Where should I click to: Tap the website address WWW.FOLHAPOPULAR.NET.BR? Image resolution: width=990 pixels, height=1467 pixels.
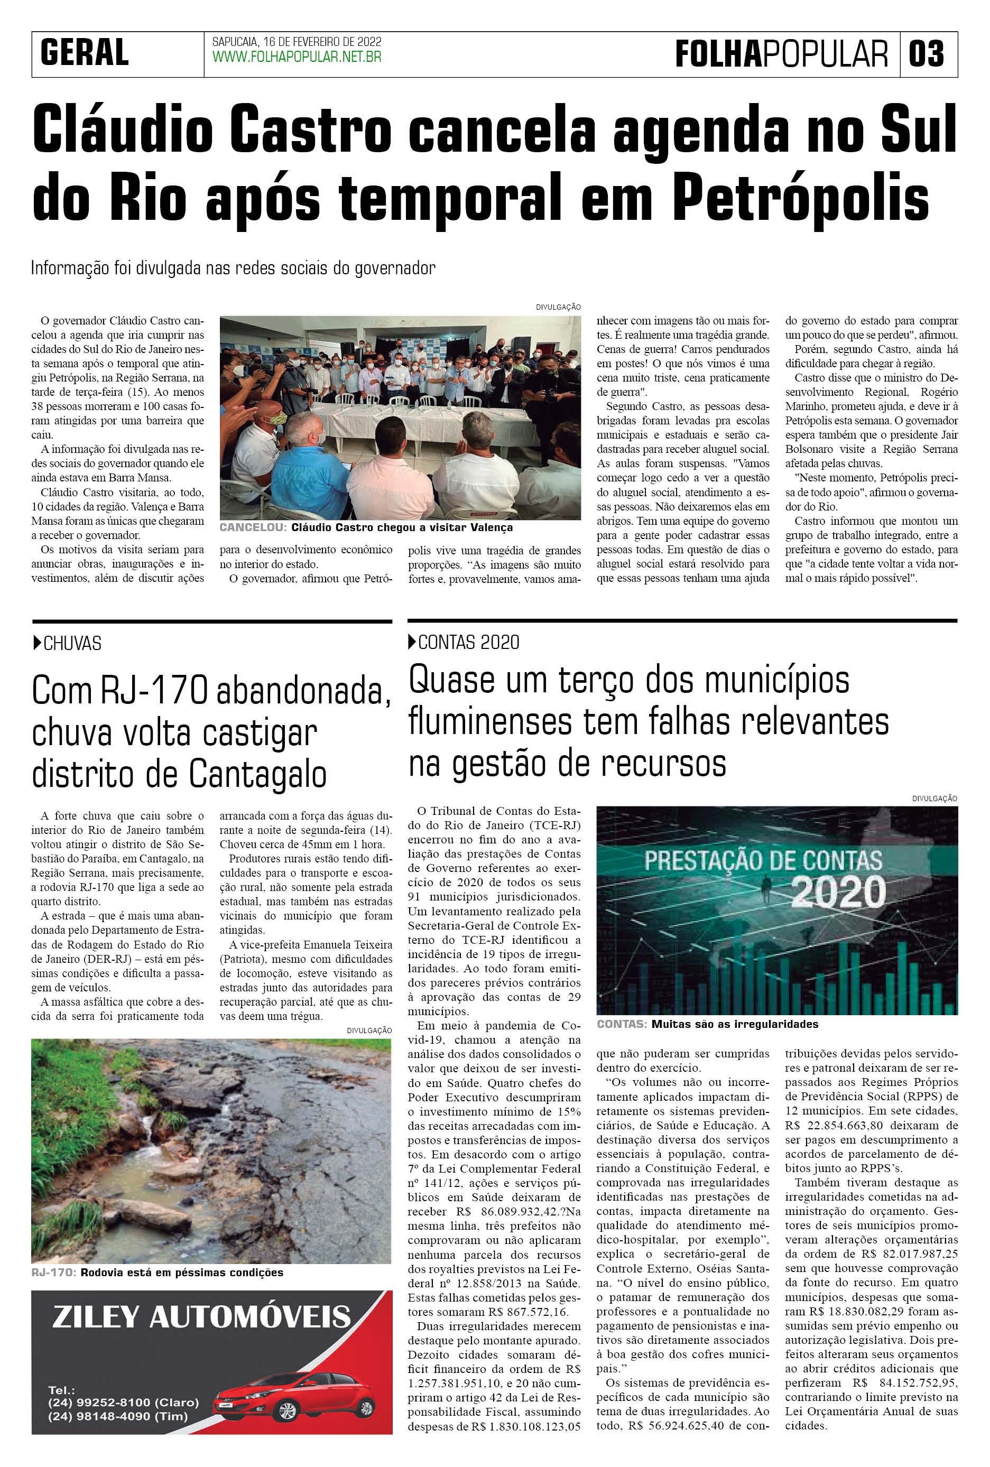pos(296,58)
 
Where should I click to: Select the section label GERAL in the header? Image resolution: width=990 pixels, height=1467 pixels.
pos(85,52)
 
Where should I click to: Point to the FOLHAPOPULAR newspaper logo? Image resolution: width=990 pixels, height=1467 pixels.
pos(781,54)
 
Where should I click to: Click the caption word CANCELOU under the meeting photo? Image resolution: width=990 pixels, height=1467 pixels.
pos(253,527)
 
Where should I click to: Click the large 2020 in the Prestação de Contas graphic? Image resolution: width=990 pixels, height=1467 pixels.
pos(838,892)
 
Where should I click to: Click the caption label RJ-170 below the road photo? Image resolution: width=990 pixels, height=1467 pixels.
pos(54,1272)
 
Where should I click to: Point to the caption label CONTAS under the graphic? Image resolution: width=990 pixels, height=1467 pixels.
pos(621,1024)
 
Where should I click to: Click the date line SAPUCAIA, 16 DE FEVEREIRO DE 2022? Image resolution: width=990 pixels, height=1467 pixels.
pos(296,42)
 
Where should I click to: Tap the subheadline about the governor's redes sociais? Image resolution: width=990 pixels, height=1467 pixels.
pos(233,268)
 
